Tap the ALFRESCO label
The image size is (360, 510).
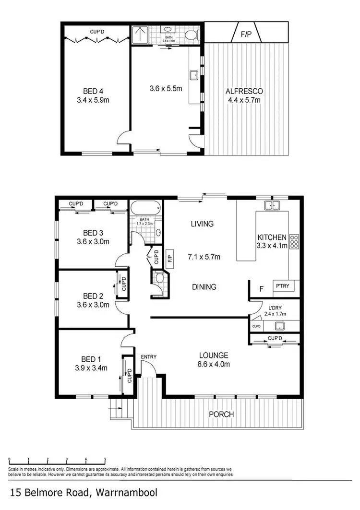point(243,91)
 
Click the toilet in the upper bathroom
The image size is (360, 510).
point(192,35)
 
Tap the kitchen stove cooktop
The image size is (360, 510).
point(294,241)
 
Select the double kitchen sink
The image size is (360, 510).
point(272,206)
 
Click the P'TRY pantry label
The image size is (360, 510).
point(281,286)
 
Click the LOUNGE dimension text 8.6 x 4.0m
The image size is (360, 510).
point(214,364)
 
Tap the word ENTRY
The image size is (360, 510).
point(148,357)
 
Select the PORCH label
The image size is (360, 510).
point(221,414)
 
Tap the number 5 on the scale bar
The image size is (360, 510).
point(105,460)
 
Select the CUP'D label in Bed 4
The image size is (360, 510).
point(96,32)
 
